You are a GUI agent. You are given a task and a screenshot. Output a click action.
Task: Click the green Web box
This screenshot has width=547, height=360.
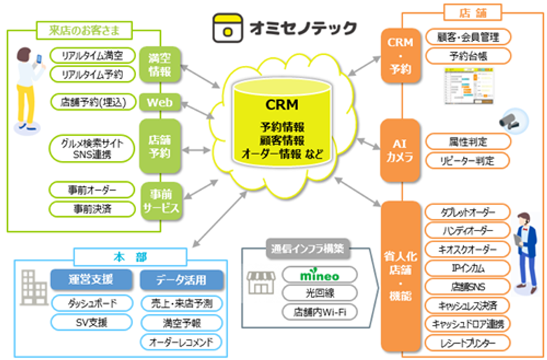pos(159,102)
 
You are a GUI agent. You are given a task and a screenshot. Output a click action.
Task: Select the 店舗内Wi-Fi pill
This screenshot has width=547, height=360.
pos(319,312)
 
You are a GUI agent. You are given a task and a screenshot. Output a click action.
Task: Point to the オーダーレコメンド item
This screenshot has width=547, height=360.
pos(182,341)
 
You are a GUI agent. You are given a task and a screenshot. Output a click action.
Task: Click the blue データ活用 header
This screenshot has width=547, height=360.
pos(182,280)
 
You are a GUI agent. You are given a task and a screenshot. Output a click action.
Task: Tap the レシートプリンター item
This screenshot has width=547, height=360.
pos(468,342)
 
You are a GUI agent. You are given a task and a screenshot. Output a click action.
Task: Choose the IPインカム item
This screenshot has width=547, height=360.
pos(468,268)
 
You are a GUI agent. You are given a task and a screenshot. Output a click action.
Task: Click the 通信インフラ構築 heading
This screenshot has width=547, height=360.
pos(309,248)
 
